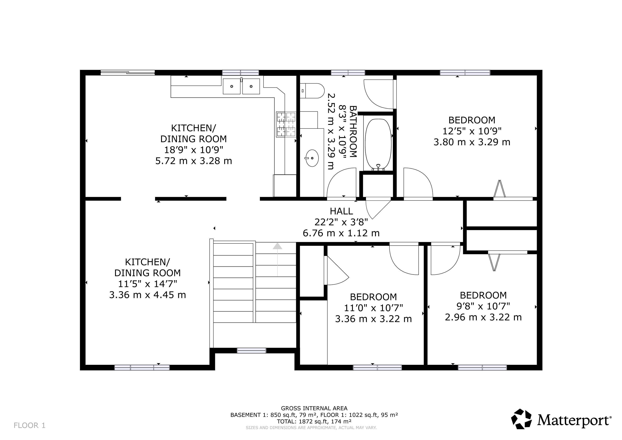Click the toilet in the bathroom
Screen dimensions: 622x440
pyautogui.click(x=312, y=91)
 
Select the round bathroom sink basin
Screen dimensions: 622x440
pyautogui.click(x=312, y=158)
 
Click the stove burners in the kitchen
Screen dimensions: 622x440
pyautogui.click(x=286, y=124)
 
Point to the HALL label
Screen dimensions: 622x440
pyautogui.click(x=341, y=211)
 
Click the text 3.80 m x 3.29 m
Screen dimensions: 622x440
pyautogui.click(x=472, y=142)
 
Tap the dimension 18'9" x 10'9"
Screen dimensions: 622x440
pyautogui.click(x=194, y=150)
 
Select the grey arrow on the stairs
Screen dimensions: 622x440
pyautogui.click(x=277, y=259)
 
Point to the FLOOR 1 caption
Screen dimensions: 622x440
pyautogui.click(x=29, y=425)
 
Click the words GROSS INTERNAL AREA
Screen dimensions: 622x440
pyautogui.click(x=314, y=408)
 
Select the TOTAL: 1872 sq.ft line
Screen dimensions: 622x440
pyautogui.click(x=314, y=421)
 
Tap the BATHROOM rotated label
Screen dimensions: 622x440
pyautogui.click(x=353, y=131)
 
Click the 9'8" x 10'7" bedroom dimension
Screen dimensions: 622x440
pyautogui.click(x=483, y=306)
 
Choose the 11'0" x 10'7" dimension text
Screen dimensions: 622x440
pyautogui.click(x=374, y=308)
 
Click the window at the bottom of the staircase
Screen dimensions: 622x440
pyautogui.click(x=252, y=351)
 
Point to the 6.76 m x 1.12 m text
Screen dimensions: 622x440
pyautogui.click(x=341, y=233)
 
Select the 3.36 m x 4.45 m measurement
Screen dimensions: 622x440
pyautogui.click(x=148, y=295)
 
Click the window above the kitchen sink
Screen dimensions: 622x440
pyautogui.click(x=241, y=73)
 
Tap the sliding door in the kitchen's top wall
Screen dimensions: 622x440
pyautogui.click(x=128, y=73)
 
